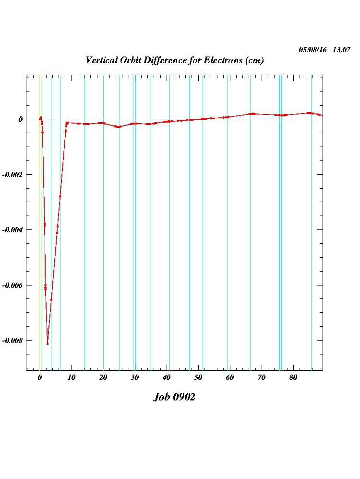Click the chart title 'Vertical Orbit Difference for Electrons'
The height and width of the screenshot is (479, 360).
pyautogui.click(x=174, y=60)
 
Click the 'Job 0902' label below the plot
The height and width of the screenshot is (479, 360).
pyautogui.click(x=174, y=397)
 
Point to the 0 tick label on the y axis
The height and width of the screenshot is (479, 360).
pyautogui.click(x=21, y=119)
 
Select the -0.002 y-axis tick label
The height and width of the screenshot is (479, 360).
pyautogui.click(x=12, y=174)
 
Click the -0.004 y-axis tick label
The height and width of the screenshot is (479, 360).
pyautogui.click(x=12, y=230)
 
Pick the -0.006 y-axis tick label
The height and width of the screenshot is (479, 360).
pyautogui.click(x=12, y=285)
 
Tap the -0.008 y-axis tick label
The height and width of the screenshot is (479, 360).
pyautogui.click(x=12, y=341)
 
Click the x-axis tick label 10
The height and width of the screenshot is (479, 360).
pyautogui.click(x=72, y=377)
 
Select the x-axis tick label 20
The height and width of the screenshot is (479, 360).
pyautogui.click(x=103, y=377)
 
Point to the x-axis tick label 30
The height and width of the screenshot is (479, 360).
pyautogui.click(x=135, y=377)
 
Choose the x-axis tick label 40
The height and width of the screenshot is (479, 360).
pyautogui.click(x=167, y=377)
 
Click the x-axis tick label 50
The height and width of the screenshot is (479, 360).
pyautogui.click(x=198, y=377)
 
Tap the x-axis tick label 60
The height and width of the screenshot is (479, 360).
pyautogui.click(x=230, y=377)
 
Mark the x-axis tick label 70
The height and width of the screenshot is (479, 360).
pyautogui.click(x=262, y=377)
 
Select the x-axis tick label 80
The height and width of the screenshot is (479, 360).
pyautogui.click(x=293, y=377)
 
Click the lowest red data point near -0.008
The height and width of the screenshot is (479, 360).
pyautogui.click(x=48, y=343)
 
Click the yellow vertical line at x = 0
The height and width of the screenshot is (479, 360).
pyautogui.click(x=40, y=239)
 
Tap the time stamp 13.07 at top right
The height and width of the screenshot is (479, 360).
pyautogui.click(x=341, y=49)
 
